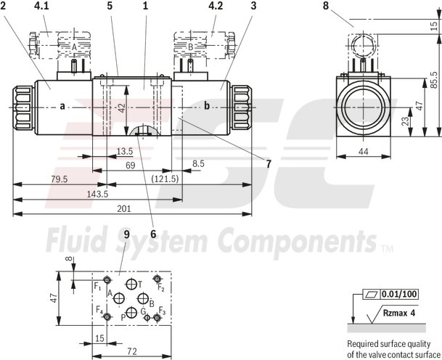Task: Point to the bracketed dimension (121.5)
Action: pyautogui.click(x=165, y=179)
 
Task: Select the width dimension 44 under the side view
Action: pyautogui.click(x=364, y=152)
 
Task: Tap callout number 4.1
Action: pyautogui.click(x=41, y=6)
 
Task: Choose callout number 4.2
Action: pyautogui.click(x=215, y=6)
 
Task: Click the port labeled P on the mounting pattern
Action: pyautogui.click(x=131, y=312)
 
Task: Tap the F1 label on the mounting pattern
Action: pyautogui.click(x=98, y=287)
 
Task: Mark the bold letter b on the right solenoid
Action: pyautogui.click(x=206, y=107)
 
